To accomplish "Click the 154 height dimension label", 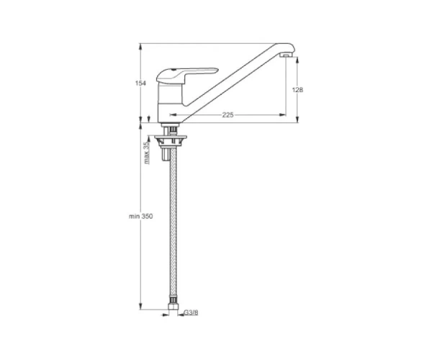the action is pyautogui.click(x=140, y=83).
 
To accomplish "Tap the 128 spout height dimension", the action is pyautogui.click(x=297, y=90).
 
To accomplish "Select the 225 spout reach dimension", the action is pyautogui.click(x=228, y=115).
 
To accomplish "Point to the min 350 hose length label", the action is pyautogui.click(x=140, y=217).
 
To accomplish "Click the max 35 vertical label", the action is pyautogui.click(x=147, y=153).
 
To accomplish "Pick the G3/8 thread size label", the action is pyautogui.click(x=191, y=312).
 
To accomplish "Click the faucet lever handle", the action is pyautogui.click(x=186, y=75).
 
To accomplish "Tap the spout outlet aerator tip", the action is pyautogui.click(x=285, y=55).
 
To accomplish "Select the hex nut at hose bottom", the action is pyautogui.click(x=173, y=306).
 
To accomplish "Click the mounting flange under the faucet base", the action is pyautogui.click(x=171, y=137).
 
